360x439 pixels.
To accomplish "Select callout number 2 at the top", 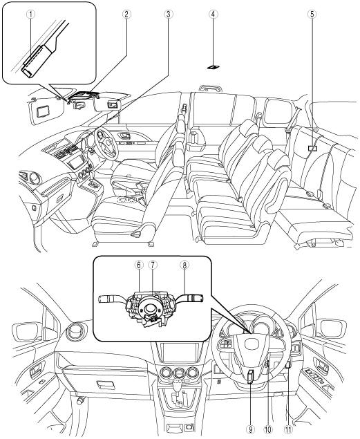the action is [x=126, y=14].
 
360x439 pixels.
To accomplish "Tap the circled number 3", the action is [x=168, y=14].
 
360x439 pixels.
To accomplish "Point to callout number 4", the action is [x=213, y=14].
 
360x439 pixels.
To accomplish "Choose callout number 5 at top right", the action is [x=312, y=14].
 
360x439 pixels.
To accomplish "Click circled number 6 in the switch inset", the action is [x=139, y=265].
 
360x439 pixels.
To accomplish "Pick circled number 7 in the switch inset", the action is [x=152, y=265].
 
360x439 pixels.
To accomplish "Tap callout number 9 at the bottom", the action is [x=251, y=429].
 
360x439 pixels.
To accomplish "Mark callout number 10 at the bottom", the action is [x=268, y=429].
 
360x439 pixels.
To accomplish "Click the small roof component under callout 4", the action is [x=213, y=67].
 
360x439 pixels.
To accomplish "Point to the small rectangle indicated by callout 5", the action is [x=312, y=148].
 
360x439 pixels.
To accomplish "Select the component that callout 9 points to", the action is [x=251, y=376].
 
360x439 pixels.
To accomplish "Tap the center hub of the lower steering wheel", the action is [x=252, y=344].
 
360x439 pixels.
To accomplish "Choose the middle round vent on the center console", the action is [x=178, y=373].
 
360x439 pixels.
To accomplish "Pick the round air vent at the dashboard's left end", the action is [x=75, y=330].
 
